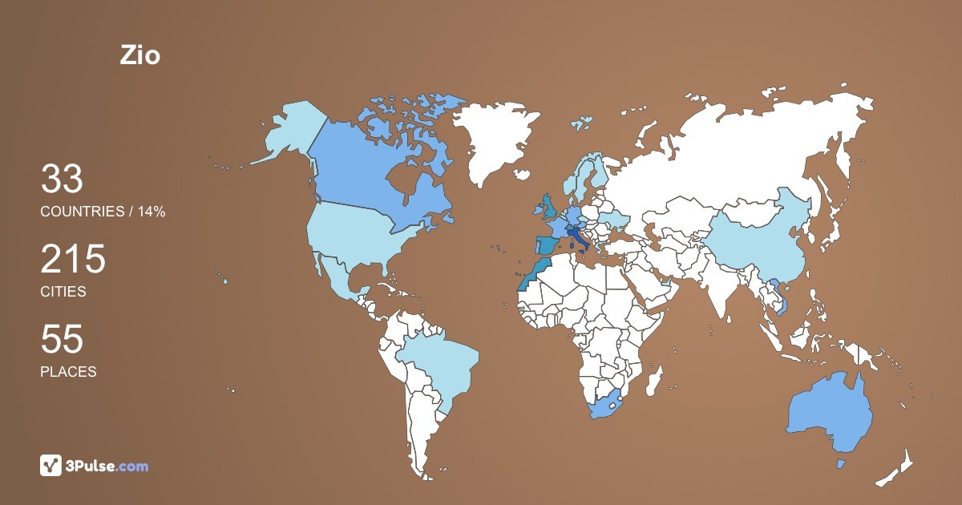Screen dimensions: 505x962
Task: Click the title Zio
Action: (139, 55)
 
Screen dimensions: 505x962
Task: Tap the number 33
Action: (62, 180)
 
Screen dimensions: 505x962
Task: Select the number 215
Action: (73, 260)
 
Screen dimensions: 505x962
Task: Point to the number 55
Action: (62, 340)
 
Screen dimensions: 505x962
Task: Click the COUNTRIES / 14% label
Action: (103, 212)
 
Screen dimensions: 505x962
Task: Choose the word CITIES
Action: (63, 292)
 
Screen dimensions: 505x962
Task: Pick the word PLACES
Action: (68, 372)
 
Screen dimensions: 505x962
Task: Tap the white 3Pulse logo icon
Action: (51, 465)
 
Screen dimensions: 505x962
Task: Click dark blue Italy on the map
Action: (575, 237)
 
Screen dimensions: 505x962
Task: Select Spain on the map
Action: (547, 247)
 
